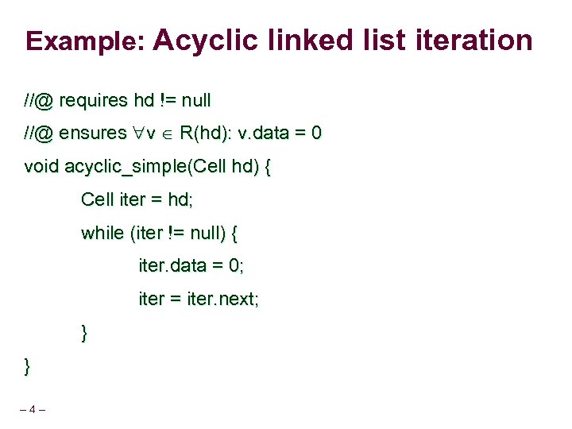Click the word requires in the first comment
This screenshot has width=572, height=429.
tap(94, 101)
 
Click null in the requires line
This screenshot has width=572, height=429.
tap(196, 101)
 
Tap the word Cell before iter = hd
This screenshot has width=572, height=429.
tap(97, 199)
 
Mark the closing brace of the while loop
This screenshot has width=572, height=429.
tap(84, 333)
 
